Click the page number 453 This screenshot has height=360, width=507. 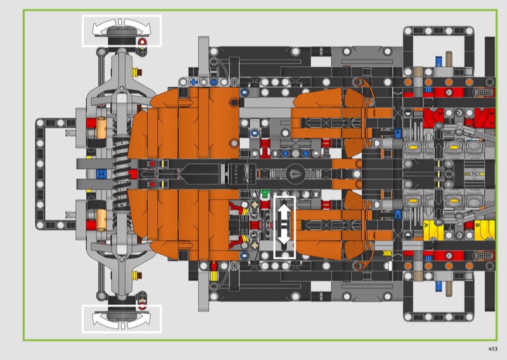[x=492, y=349]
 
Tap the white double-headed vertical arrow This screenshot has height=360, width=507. [x=284, y=226]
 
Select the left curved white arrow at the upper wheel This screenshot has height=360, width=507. [x=103, y=27]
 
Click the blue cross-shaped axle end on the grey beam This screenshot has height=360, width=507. [x=193, y=82]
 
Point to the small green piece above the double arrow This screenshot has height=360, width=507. [x=265, y=193]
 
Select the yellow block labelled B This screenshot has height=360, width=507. [x=484, y=230]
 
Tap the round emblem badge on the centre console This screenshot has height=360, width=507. [x=295, y=174]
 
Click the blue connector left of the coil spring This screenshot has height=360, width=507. [x=101, y=174]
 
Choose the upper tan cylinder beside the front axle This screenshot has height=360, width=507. [x=101, y=127]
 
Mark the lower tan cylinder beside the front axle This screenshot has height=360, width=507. [x=101, y=221]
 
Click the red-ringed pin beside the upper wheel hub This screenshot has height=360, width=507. [x=142, y=42]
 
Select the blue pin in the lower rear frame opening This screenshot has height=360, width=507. [x=439, y=286]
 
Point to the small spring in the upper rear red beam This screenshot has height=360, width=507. [x=484, y=93]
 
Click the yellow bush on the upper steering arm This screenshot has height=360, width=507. [x=136, y=70]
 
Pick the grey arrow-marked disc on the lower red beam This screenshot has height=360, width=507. [x=449, y=255]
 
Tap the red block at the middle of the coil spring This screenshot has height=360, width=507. [x=133, y=174]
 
